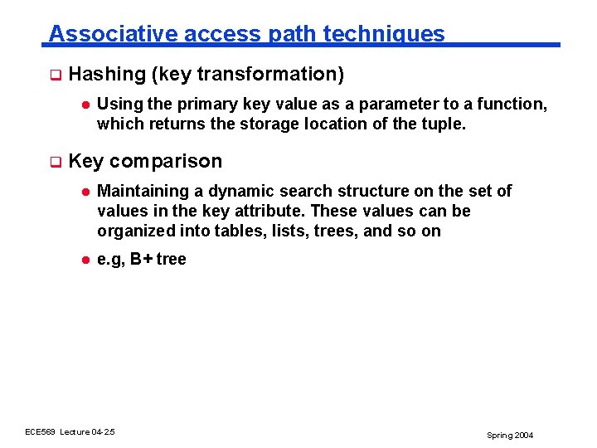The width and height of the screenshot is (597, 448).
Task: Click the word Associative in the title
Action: click(113, 34)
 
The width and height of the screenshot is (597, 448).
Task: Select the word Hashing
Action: click(107, 75)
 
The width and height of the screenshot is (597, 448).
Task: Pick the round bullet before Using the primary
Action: click(84, 105)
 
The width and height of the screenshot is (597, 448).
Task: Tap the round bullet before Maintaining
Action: click(84, 192)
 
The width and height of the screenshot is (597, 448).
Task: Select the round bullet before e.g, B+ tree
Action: click(84, 260)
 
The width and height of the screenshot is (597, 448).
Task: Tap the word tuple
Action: click(446, 124)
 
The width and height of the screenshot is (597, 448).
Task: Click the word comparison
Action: click(165, 161)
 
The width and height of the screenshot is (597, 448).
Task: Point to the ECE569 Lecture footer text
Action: click(70, 432)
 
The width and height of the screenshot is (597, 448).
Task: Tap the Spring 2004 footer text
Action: click(510, 435)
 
